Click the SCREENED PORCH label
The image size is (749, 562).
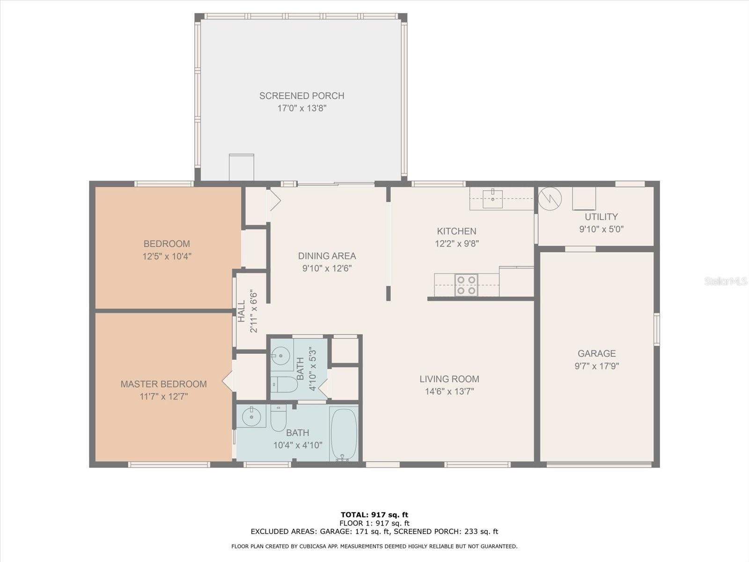[x=301, y=96]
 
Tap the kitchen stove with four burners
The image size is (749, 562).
[x=466, y=285]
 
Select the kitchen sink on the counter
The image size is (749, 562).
[x=492, y=199]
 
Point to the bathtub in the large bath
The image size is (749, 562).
[x=344, y=433]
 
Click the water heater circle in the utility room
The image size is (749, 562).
[x=550, y=199]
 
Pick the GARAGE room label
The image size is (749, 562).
[x=597, y=354]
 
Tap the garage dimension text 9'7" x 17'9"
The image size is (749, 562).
[x=597, y=366]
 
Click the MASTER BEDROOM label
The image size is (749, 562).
[x=164, y=384]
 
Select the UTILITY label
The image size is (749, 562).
[x=601, y=217]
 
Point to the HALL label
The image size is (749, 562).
[x=242, y=311]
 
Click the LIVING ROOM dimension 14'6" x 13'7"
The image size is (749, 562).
[x=449, y=392]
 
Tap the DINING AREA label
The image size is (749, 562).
[x=327, y=256]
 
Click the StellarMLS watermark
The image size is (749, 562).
[x=726, y=281]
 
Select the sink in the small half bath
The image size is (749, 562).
[x=281, y=355]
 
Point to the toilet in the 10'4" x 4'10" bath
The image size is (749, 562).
[x=279, y=418]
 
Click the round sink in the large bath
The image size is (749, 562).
[x=251, y=416]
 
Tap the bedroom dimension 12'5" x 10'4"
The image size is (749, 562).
[x=167, y=256]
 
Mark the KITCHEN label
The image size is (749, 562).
[x=456, y=231]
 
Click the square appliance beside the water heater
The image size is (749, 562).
[x=584, y=199]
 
